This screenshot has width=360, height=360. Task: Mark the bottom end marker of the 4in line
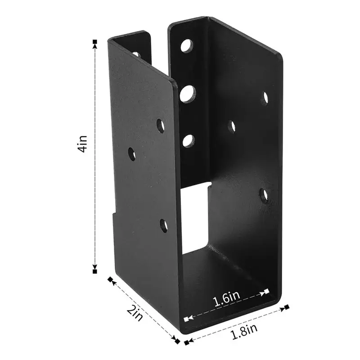tap(94, 271)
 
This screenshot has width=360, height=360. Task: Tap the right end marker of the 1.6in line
tap(267, 291)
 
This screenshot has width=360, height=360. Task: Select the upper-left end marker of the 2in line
tap(110, 279)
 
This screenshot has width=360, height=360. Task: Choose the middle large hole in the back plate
tap(188, 94)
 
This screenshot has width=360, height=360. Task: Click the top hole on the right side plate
tap(265, 97)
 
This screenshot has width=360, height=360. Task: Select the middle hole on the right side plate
tap(232, 126)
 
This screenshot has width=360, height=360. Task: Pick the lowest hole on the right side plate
tap(265, 194)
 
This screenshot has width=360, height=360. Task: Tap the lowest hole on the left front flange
tap(163, 224)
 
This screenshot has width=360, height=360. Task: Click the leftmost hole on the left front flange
tap(131, 154)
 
